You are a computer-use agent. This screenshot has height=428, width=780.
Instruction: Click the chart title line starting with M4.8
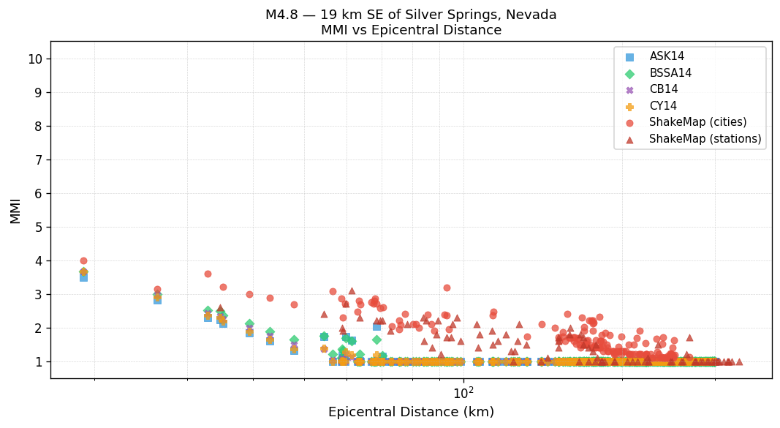411,15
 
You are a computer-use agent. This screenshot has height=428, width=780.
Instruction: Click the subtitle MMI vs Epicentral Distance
411,30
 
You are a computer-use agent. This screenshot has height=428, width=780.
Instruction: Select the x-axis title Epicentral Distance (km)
411,412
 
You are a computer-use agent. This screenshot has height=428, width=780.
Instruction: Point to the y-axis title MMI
15,210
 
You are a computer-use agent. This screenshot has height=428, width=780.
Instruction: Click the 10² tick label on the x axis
463,393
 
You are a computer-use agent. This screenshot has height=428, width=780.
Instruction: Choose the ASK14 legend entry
667,56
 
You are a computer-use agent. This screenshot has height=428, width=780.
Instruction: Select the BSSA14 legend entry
670,73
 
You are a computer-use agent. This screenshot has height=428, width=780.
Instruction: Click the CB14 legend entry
663,89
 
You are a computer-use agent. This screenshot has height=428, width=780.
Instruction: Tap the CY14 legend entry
663,106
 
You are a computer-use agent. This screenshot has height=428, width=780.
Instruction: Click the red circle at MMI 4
83,260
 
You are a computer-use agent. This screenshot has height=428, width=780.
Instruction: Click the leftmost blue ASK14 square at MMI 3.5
83,277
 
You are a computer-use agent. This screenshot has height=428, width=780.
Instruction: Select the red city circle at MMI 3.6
208,274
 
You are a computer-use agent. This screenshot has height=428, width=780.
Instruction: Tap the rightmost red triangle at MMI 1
739,361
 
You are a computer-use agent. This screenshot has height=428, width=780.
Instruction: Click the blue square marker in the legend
630,57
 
